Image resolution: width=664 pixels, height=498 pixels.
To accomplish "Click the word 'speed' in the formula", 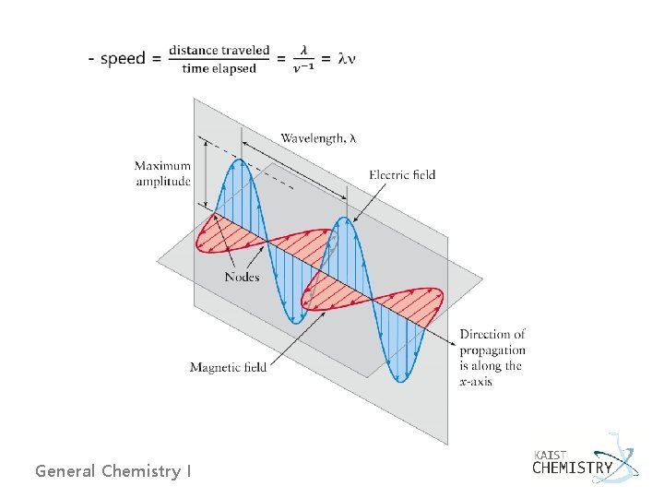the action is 123,59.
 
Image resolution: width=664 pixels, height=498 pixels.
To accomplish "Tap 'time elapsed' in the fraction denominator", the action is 219,68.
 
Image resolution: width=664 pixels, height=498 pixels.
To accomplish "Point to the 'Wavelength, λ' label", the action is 318,138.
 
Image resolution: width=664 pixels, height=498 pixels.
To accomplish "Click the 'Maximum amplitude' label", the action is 162,173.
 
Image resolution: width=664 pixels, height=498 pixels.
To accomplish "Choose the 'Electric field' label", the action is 402,174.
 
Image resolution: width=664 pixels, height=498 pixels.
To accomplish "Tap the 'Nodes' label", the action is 243,277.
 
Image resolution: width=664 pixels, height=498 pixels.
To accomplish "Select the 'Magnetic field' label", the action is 228,367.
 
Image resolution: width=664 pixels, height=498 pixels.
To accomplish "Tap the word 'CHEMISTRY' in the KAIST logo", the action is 572,468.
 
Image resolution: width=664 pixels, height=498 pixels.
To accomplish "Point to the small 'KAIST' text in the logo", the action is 551,454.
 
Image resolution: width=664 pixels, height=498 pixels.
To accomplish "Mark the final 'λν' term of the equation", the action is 347,59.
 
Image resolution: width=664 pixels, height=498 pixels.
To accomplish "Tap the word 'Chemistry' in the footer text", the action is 141,471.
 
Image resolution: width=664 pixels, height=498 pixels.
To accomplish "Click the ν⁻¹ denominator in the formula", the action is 302,68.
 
